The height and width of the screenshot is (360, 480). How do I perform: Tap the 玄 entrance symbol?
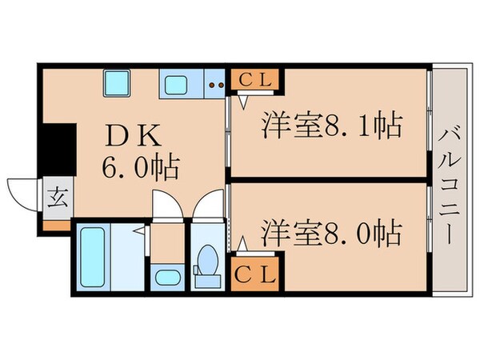coord(58,195)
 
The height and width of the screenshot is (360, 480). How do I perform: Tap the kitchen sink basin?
coord(175,82)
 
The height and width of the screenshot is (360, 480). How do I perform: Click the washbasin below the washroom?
coord(167,278)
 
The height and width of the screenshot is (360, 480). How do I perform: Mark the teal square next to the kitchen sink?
coord(117,82)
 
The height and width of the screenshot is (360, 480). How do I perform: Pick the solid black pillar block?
coord(58,148)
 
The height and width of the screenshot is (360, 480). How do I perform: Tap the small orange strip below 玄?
coord(58,224)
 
